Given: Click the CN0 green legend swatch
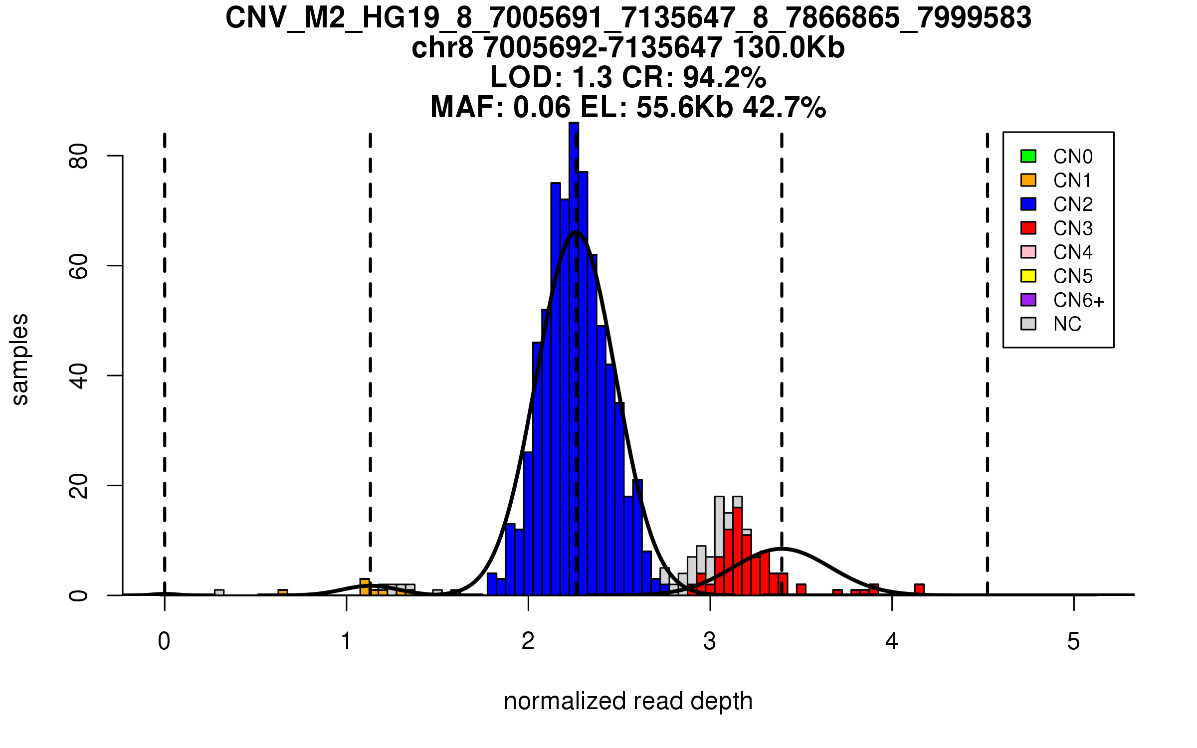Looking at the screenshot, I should pyautogui.click(x=1028, y=156).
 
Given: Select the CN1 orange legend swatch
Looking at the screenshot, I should pyautogui.click(x=1028, y=180).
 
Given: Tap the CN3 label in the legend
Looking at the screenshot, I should pyautogui.click(x=1073, y=228).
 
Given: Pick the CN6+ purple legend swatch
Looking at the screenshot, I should pyautogui.click(x=1028, y=300).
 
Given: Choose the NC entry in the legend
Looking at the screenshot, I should pyautogui.click(x=1067, y=324).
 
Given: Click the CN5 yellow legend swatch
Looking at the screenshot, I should pyautogui.click(x=1028, y=276).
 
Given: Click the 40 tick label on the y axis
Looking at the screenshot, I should pyautogui.click(x=79, y=375).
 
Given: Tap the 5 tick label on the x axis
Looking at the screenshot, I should pyautogui.click(x=1073, y=641).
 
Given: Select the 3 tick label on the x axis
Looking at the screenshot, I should pyautogui.click(x=710, y=641).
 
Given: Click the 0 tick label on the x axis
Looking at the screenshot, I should pyautogui.click(x=164, y=641).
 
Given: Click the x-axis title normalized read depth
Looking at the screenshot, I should pyautogui.click(x=628, y=701).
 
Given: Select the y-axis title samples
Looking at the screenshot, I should pyautogui.click(x=20, y=359).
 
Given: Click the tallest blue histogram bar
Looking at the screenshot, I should pyautogui.click(x=574, y=349).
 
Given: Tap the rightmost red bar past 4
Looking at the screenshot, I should pyautogui.click(x=919, y=589).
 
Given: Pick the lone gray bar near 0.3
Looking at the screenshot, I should pyautogui.click(x=219, y=592).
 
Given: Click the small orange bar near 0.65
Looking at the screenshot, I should pyautogui.click(x=283, y=592).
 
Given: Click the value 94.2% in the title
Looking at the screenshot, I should pyautogui.click(x=724, y=77).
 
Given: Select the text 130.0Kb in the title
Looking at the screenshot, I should pyautogui.click(x=788, y=48).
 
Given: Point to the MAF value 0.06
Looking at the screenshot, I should pyautogui.click(x=542, y=107).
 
